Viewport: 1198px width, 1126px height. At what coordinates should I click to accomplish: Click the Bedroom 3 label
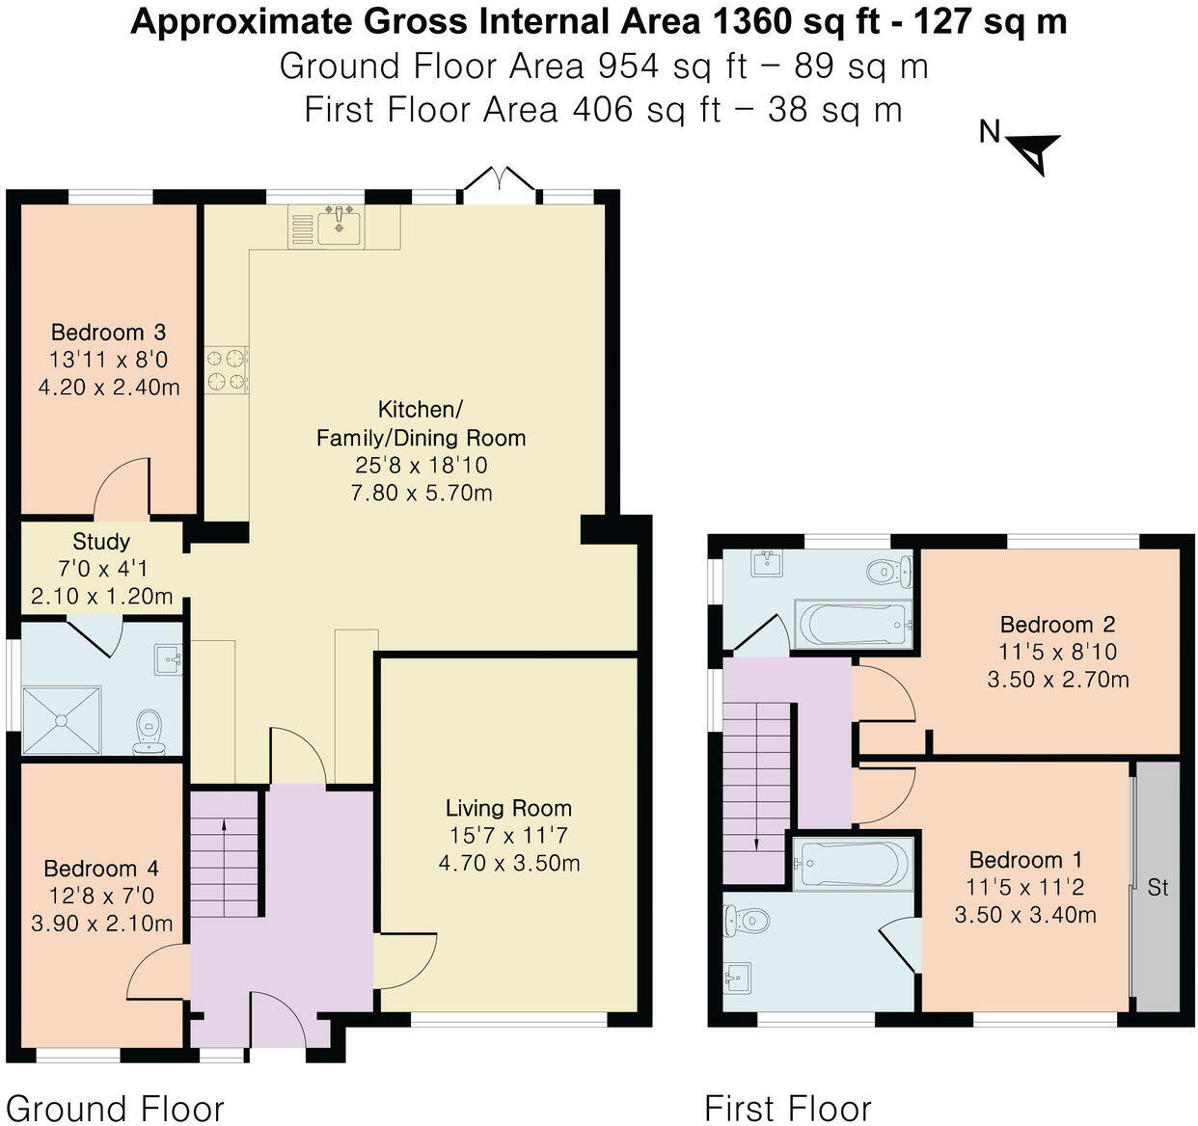point(108,333)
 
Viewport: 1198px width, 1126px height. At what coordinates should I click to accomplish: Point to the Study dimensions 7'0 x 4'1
point(101,569)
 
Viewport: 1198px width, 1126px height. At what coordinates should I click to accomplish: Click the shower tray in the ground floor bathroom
point(61,719)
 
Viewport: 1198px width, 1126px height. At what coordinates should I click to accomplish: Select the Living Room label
point(508,808)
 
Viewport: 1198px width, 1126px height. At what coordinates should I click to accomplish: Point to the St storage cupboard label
point(1157,887)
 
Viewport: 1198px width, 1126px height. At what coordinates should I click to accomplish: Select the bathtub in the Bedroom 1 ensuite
point(852,861)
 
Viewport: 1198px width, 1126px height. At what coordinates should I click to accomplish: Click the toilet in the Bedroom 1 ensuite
point(748,921)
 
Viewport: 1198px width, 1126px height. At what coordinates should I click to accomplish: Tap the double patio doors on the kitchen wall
point(498,183)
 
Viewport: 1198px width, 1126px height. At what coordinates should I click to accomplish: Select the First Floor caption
point(787,1109)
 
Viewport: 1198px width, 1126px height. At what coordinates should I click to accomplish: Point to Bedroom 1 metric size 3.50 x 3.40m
point(1025,914)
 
